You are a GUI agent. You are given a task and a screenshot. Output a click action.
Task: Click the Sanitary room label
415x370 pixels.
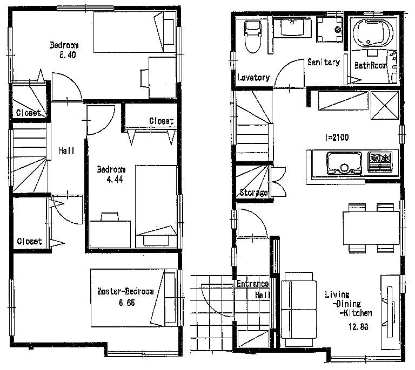click(323, 63)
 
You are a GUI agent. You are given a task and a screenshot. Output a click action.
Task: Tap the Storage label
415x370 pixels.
click(253, 193)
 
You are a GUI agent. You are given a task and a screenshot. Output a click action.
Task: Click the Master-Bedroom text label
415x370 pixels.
click(125, 291)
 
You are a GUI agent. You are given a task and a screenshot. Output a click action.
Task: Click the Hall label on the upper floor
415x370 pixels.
click(66, 151)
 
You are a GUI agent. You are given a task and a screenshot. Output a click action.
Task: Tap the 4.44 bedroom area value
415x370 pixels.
click(112, 179)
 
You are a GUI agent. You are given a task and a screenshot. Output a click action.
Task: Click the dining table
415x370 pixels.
click(371, 227)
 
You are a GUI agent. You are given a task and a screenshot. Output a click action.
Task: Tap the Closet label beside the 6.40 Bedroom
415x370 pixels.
click(28, 113)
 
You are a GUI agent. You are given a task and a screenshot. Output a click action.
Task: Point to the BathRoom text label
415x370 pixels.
click(371, 65)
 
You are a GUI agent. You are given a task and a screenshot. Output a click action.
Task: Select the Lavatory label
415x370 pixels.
click(253, 78)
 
